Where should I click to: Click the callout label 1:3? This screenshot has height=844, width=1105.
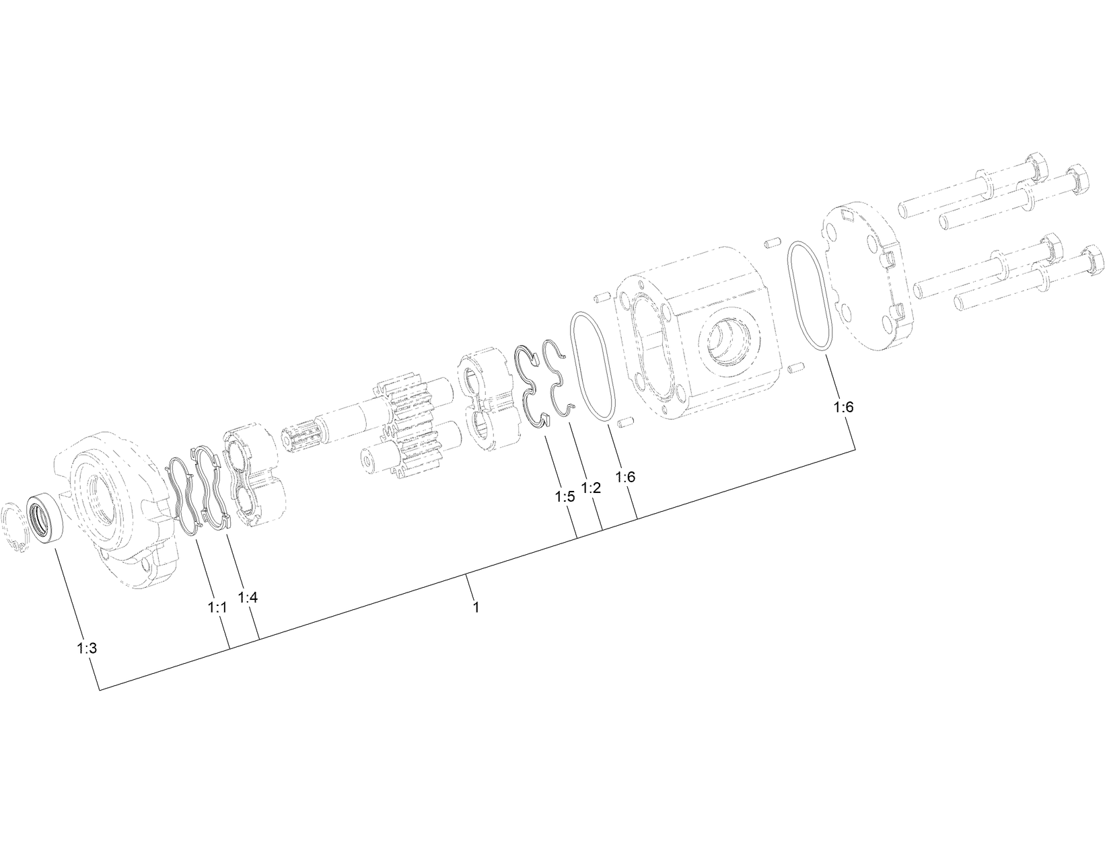tap(87, 648)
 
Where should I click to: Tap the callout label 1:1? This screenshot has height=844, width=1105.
tap(217, 608)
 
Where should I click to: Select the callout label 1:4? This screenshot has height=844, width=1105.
tap(248, 597)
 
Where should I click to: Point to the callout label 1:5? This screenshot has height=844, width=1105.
tap(565, 497)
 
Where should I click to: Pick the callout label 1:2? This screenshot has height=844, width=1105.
tap(590, 488)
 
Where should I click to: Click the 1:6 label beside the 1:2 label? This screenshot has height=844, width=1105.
tap(625, 477)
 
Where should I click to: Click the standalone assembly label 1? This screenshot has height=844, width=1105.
tap(476, 607)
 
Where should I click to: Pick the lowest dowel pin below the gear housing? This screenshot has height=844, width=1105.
tap(624, 424)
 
